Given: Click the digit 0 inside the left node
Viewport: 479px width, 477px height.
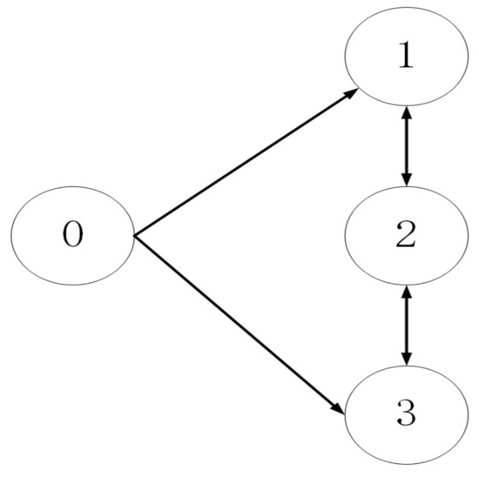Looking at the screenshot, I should (x=73, y=235).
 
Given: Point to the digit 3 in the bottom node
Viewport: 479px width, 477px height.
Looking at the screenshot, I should (x=406, y=414).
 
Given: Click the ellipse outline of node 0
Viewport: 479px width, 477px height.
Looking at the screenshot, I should (x=73, y=185).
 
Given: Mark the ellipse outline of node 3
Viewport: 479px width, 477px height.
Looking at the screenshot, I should (x=406, y=463).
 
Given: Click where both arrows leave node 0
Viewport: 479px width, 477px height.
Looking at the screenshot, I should (x=135, y=235).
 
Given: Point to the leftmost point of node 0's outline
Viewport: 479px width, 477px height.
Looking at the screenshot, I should (x=11, y=235).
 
